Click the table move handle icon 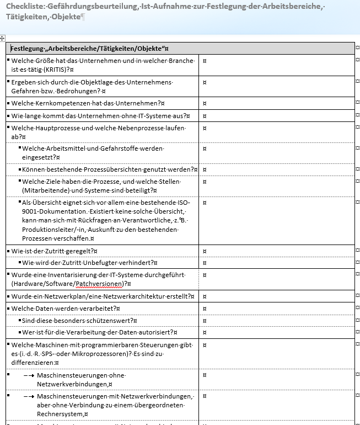point(3,38)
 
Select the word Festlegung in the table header point(28,49)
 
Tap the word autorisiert point(157,332)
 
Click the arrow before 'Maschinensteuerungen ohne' point(30,375)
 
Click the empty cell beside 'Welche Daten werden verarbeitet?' point(276,308)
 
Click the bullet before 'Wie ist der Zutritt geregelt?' point(8,251)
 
